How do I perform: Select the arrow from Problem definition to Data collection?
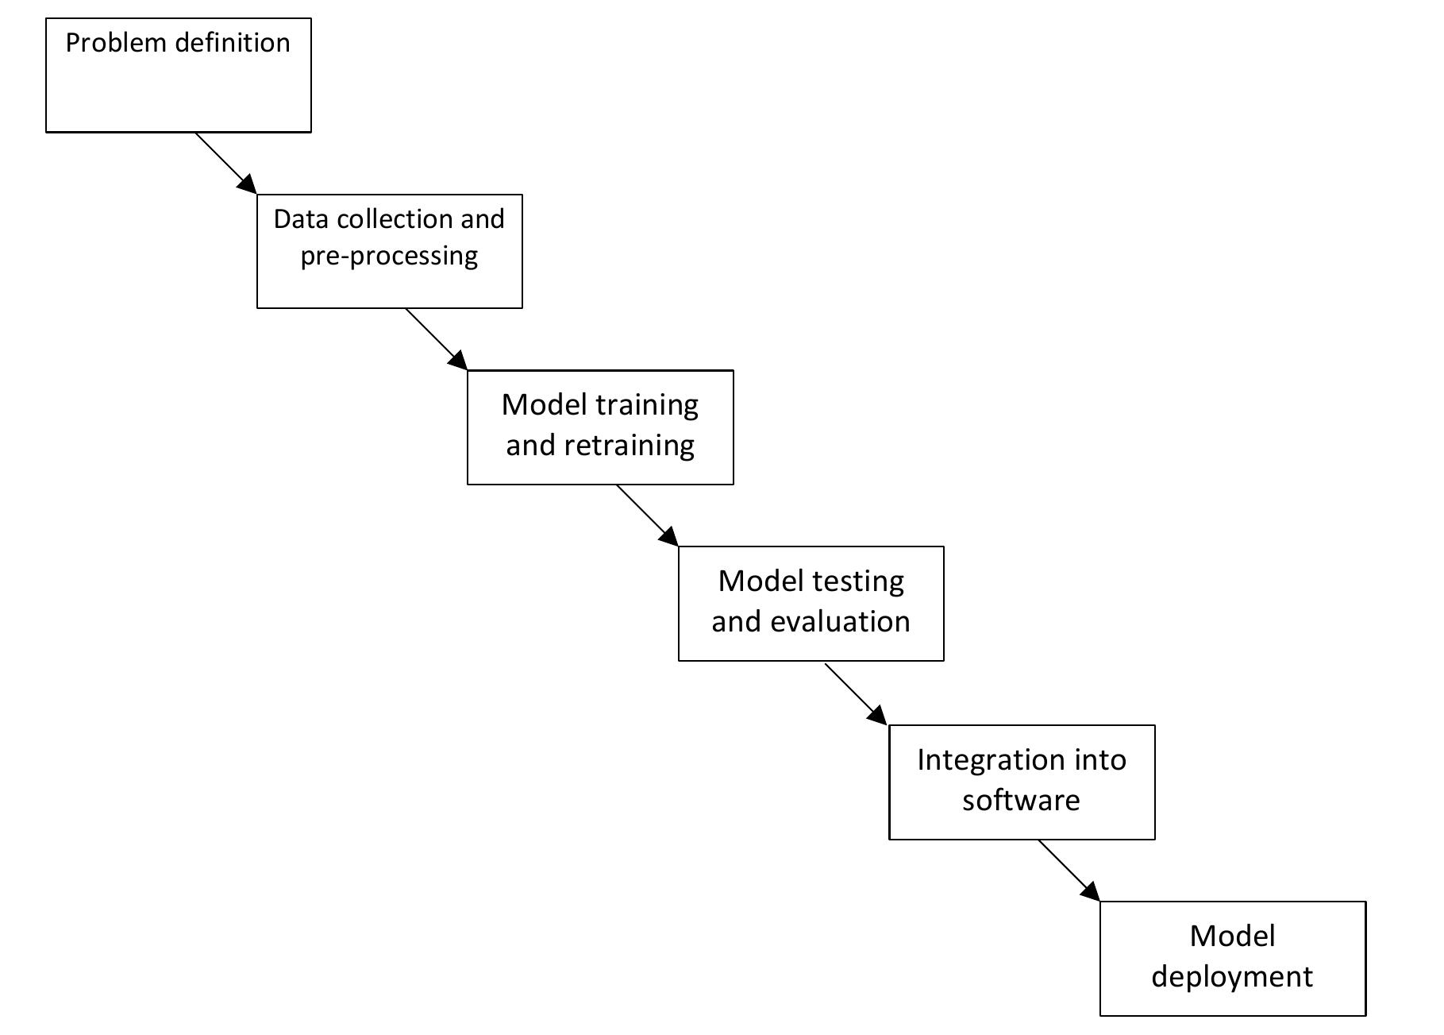(225, 163)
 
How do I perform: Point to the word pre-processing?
(389, 257)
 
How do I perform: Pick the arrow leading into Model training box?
(436, 339)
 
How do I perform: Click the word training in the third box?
(645, 406)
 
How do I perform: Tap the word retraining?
(630, 446)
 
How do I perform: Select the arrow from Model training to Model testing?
(647, 516)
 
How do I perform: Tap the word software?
(1021, 800)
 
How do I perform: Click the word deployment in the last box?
(1232, 976)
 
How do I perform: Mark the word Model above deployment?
(1232, 937)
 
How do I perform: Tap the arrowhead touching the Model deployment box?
(1092, 893)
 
